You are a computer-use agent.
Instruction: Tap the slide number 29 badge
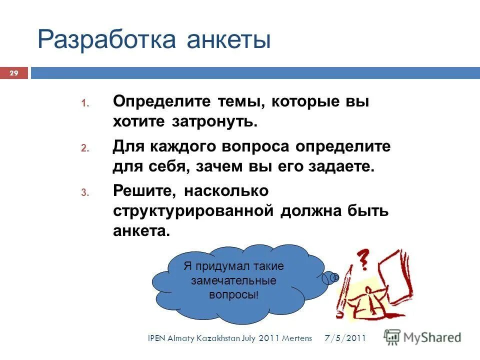pyautogui.click(x=14, y=74)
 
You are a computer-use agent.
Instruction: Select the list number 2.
pyautogui.click(x=84, y=149)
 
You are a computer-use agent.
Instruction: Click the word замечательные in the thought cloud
pyautogui.click(x=233, y=281)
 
